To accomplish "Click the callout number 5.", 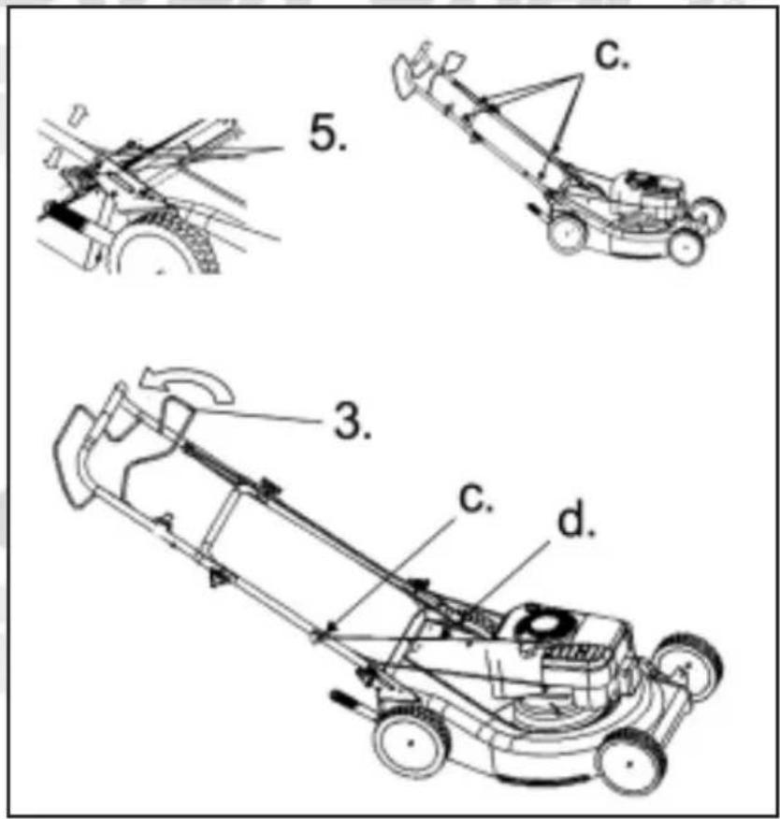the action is coord(327,133).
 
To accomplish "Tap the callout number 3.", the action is coord(353,421).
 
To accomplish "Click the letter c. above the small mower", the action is coord(613,54).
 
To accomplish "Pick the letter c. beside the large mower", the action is coord(475,497).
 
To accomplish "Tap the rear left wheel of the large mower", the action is coord(411,741).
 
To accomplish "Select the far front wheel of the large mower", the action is coord(689,666).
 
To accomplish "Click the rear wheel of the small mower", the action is coord(567,233).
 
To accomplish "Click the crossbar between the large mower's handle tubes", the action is coord(222,517).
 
